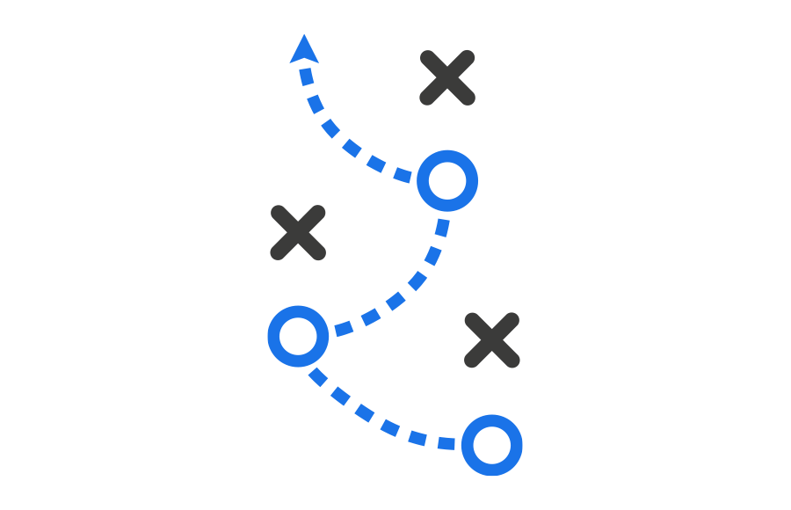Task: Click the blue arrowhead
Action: pos(303,49)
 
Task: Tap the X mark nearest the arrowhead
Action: pos(447,77)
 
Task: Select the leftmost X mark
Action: pos(298,233)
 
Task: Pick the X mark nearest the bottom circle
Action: pos(492,340)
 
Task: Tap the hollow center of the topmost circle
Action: pos(447,180)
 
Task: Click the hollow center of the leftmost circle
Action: pos(298,336)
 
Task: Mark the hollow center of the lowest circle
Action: pos(491,445)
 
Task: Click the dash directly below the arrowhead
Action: pos(306,76)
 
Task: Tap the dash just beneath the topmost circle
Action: pos(442,228)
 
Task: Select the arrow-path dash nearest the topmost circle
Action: pos(403,174)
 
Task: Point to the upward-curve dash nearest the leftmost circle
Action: pos(343,329)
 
